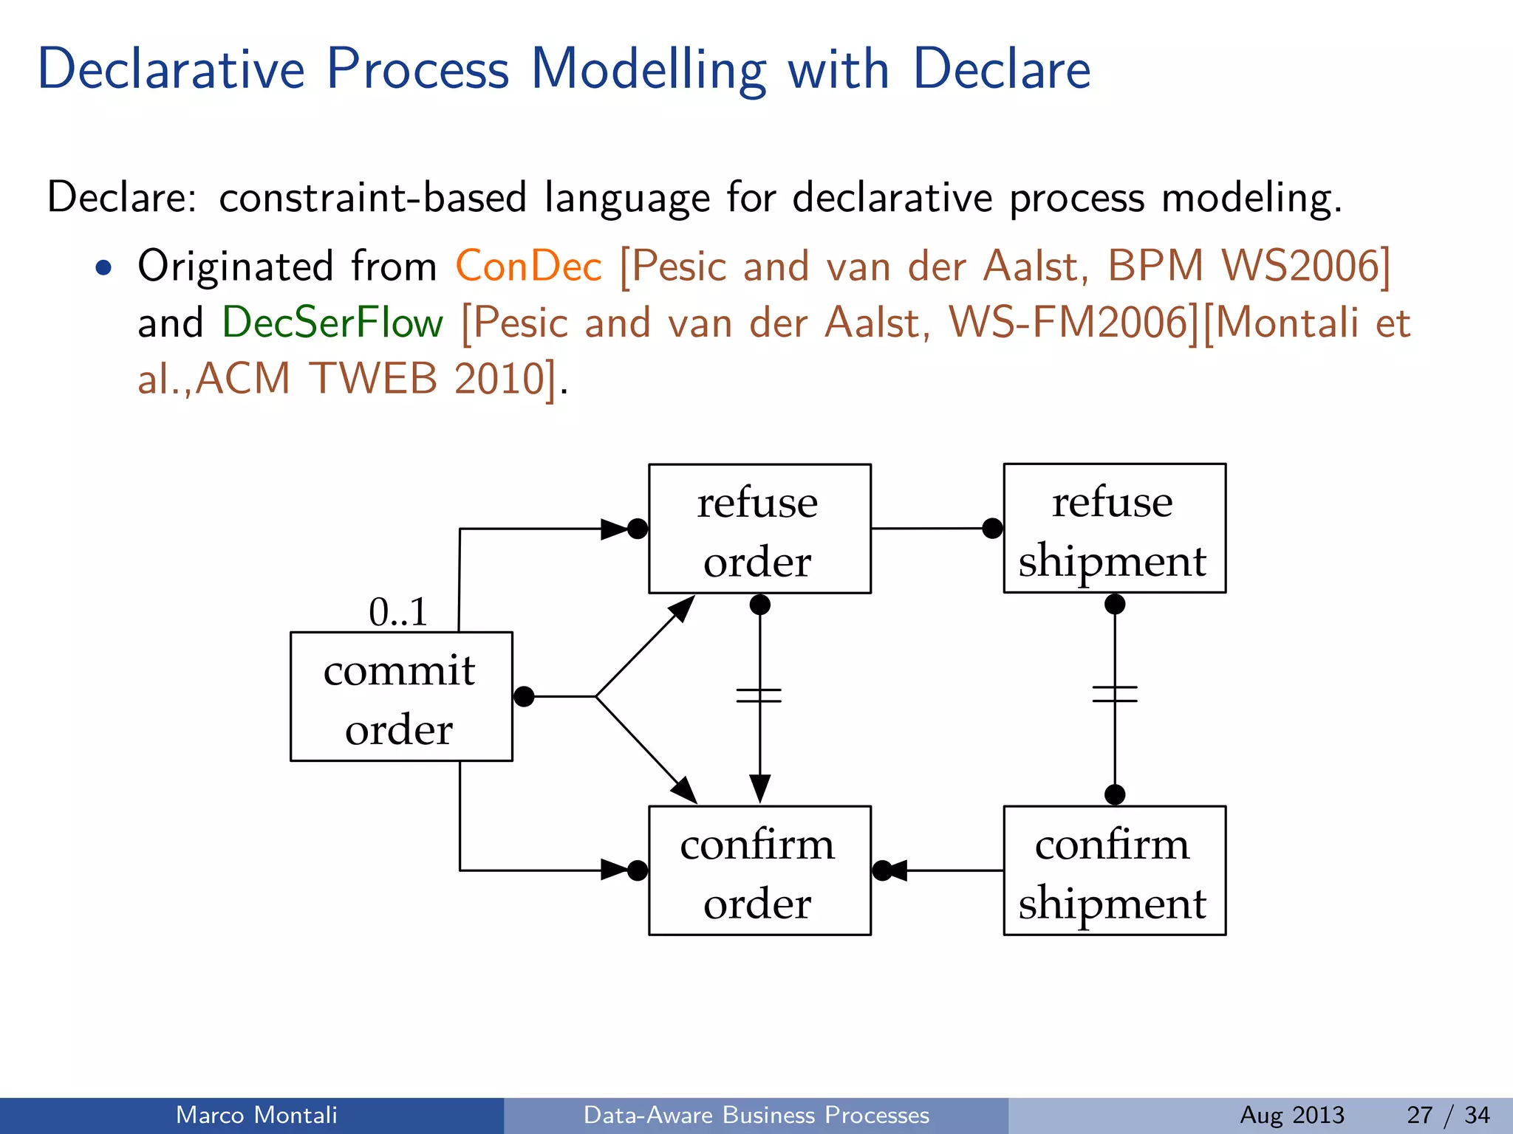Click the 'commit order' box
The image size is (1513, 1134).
(x=401, y=696)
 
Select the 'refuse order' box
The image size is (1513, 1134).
(x=759, y=529)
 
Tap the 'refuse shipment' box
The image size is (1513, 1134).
(x=1114, y=529)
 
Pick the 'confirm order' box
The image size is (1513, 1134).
(x=759, y=870)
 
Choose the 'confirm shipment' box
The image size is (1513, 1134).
(x=1114, y=870)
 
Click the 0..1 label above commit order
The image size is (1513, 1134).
(x=398, y=612)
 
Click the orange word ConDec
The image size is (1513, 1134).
(x=528, y=266)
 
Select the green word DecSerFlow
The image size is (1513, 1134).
(x=332, y=323)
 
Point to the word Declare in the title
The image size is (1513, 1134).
(x=1001, y=69)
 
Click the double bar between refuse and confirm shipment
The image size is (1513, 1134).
(x=1114, y=694)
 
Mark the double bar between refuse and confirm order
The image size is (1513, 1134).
(x=759, y=695)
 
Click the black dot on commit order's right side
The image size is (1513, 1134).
(x=524, y=696)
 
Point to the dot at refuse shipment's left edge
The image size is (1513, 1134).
(x=992, y=529)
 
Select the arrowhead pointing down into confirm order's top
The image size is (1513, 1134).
(x=759, y=788)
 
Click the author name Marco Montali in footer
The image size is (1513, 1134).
(x=256, y=1115)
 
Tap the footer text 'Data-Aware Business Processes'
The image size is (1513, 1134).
(x=756, y=1115)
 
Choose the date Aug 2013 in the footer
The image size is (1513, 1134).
(x=1292, y=1115)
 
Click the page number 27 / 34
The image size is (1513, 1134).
(x=1448, y=1115)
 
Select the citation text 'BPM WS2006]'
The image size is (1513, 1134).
(x=1249, y=266)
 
